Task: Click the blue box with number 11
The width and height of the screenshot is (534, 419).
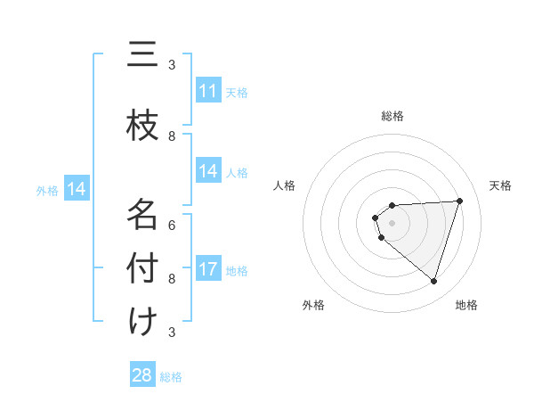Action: pos(207,91)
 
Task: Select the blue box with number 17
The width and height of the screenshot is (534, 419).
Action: pos(207,269)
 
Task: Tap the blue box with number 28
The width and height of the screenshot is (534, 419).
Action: pos(142,375)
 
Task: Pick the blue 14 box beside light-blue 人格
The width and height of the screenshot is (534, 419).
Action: pos(207,171)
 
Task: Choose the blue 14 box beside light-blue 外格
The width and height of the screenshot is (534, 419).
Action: pos(77,189)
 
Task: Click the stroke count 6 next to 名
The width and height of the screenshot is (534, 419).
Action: pos(173,225)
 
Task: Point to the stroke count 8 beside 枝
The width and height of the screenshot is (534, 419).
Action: pos(173,136)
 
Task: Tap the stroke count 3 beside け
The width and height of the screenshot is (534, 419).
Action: pos(173,332)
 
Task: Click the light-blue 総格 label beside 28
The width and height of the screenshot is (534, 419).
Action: pos(171,377)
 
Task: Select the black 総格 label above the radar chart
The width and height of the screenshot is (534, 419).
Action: pos(392,116)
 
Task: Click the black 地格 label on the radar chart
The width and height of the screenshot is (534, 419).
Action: pos(466,305)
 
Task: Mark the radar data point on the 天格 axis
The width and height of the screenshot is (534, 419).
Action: pos(459,201)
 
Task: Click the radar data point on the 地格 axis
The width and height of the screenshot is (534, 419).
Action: pos(433,281)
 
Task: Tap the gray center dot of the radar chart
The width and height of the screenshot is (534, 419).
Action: pos(392,222)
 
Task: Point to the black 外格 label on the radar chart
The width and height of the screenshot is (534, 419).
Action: pos(313,305)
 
